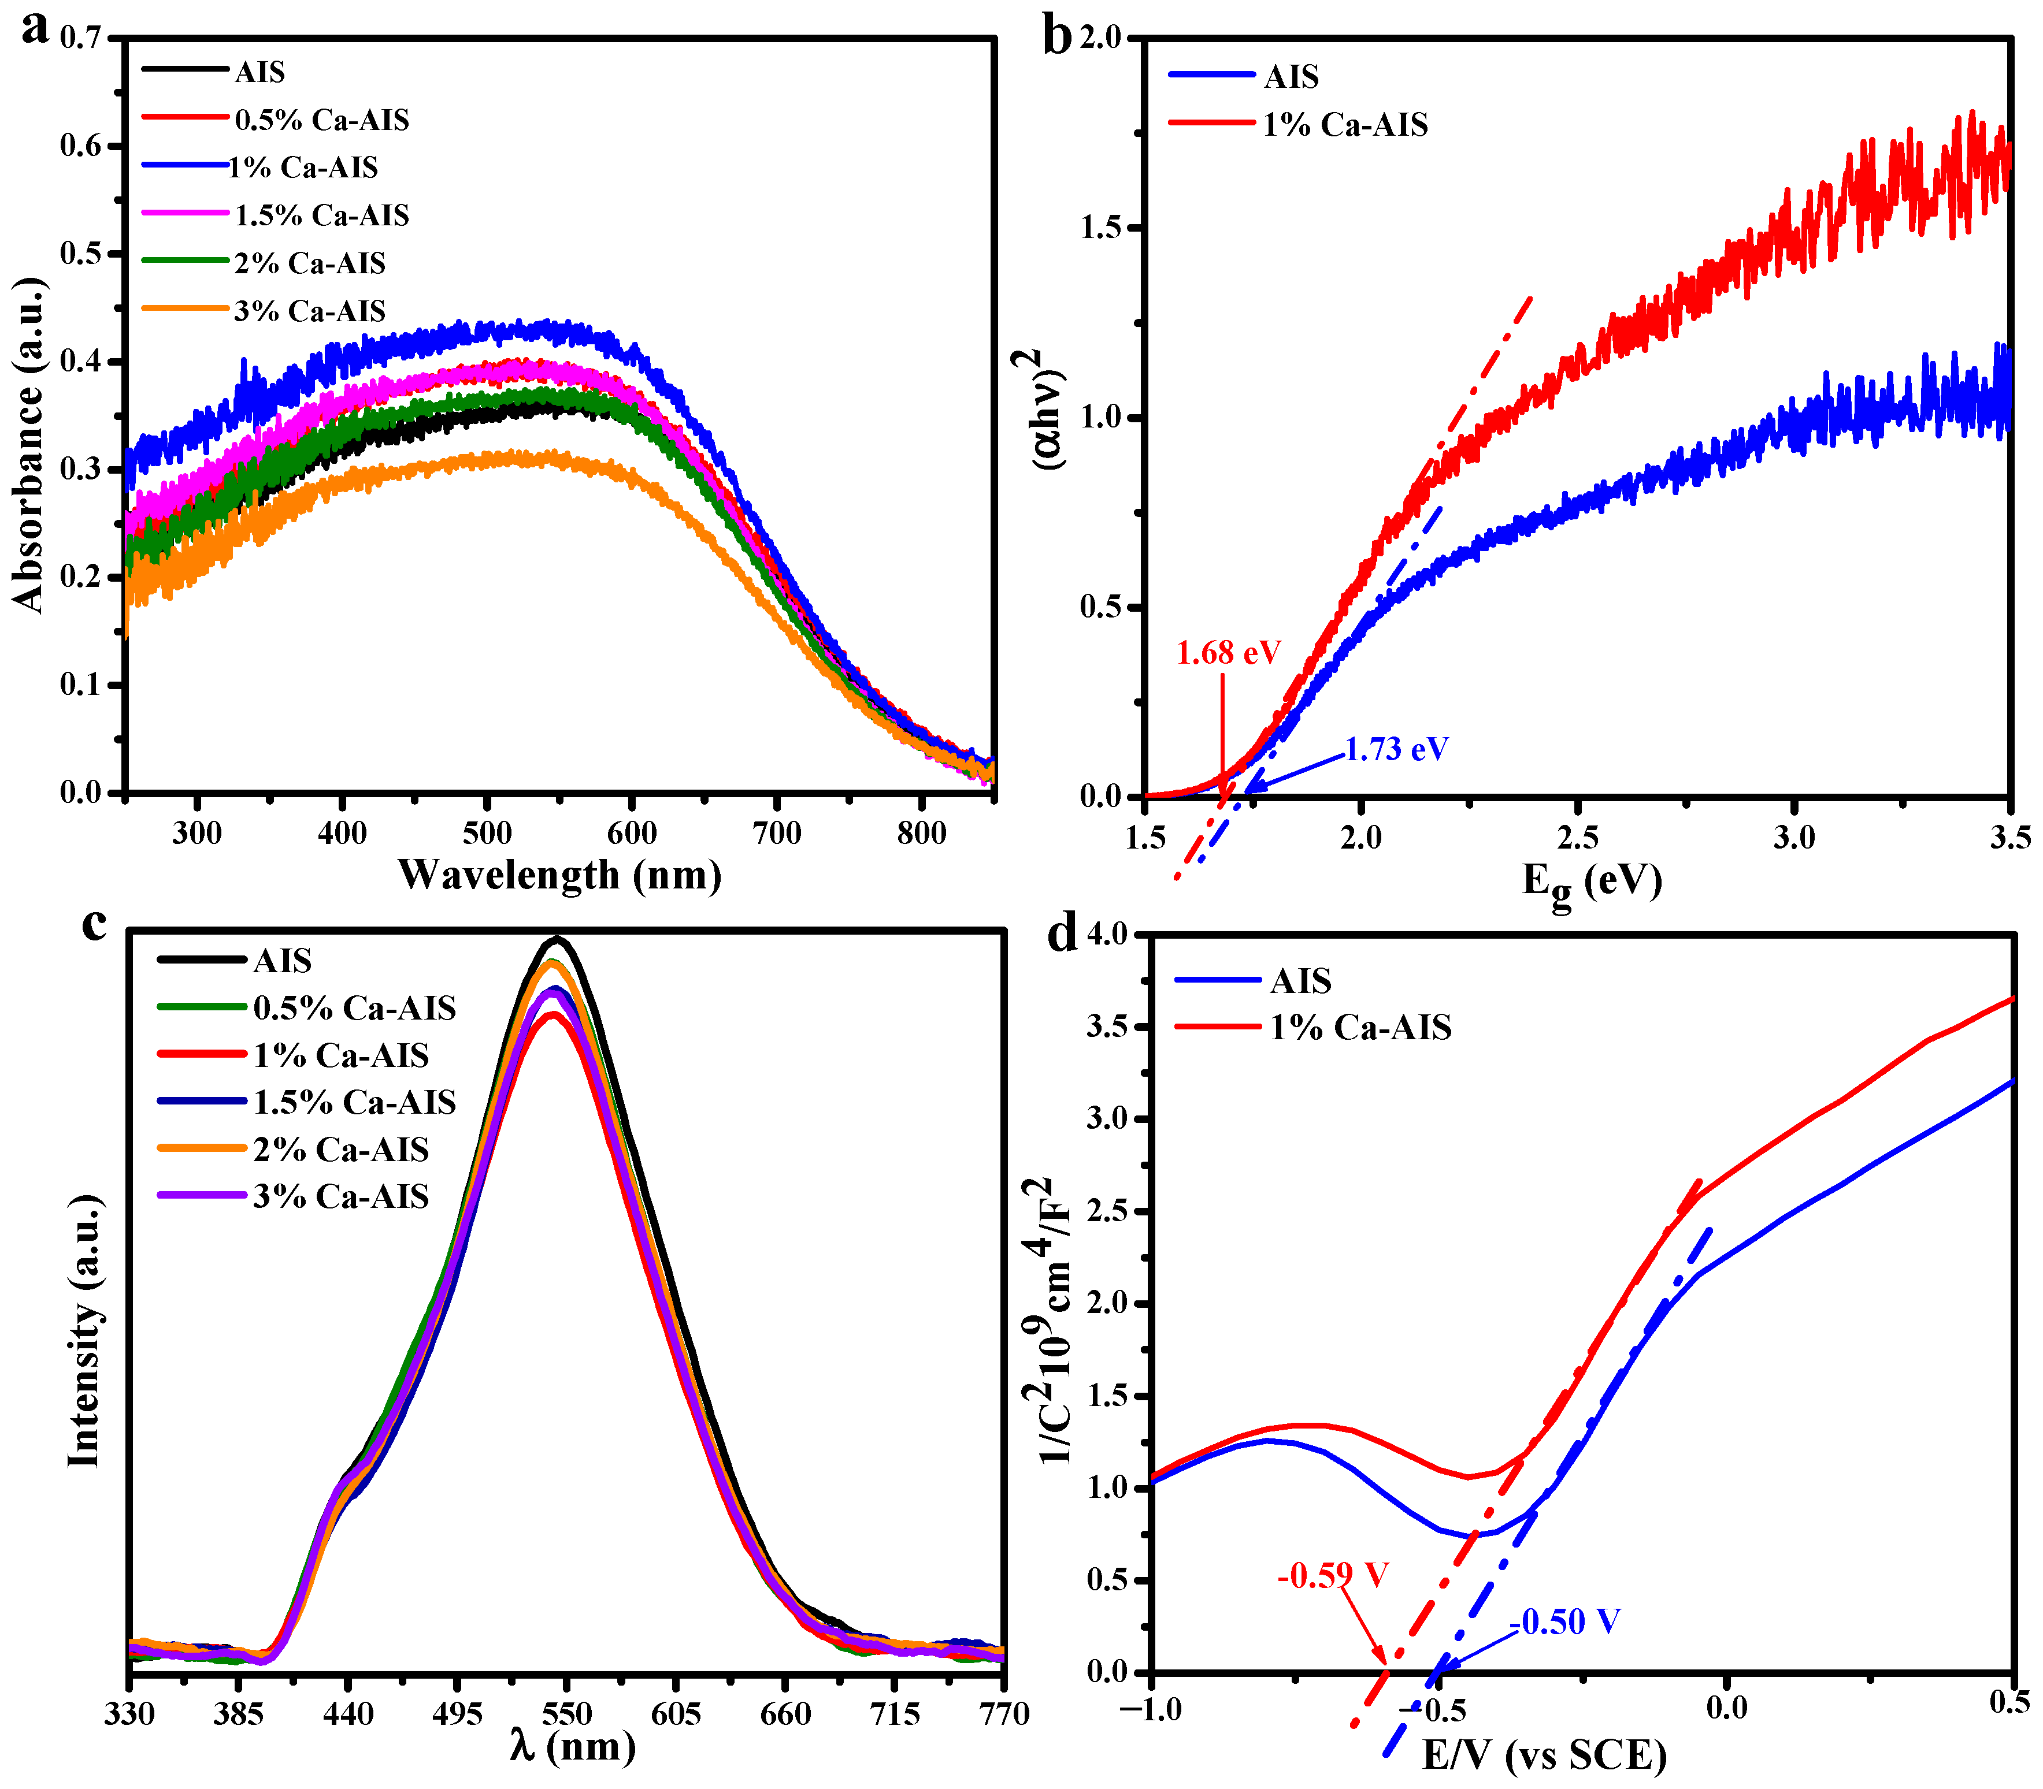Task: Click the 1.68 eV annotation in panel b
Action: [1227, 652]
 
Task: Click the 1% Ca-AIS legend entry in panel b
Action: [1345, 125]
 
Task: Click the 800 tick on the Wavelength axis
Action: [921, 832]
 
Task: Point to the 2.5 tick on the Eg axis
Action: [1578, 836]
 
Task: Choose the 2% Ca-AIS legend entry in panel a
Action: [310, 263]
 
